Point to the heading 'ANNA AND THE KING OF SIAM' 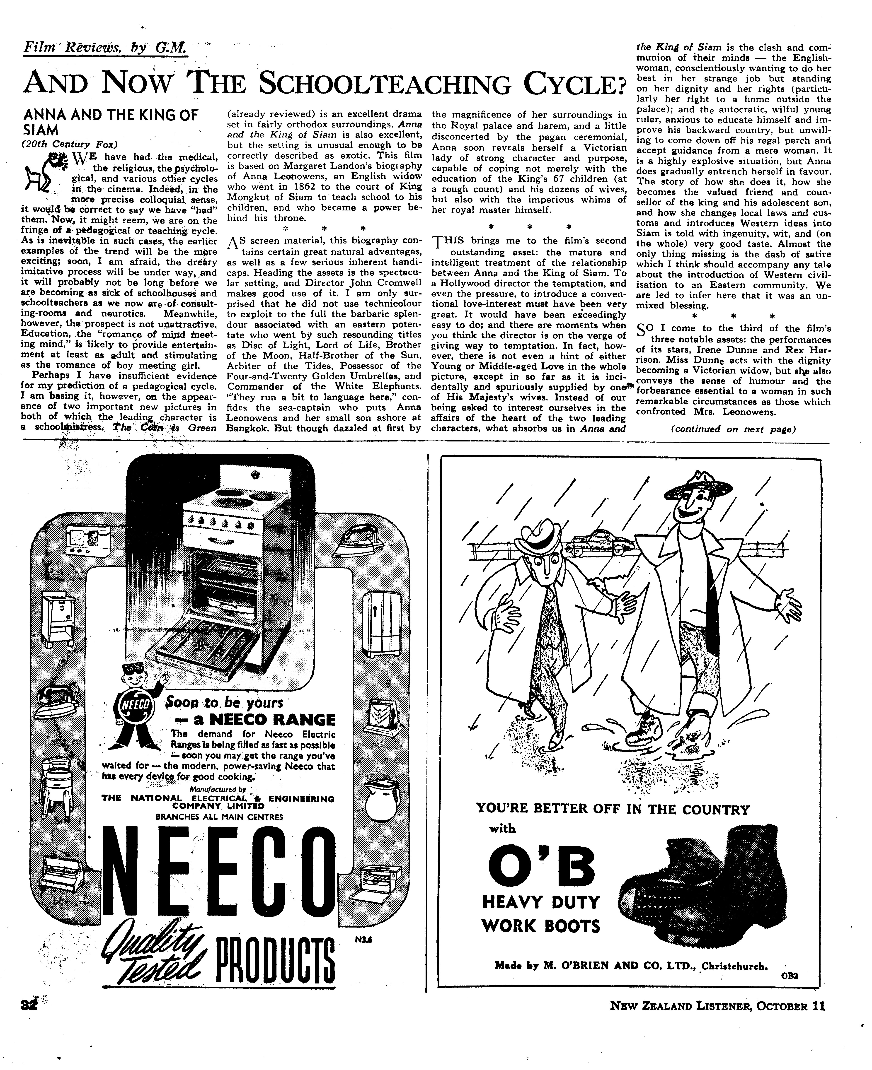(111, 122)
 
